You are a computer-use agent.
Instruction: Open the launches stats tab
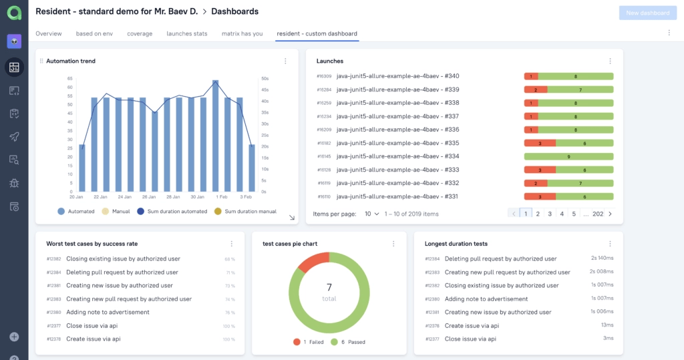(x=187, y=33)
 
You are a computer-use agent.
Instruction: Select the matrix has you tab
(x=242, y=33)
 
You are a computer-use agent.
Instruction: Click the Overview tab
(x=49, y=33)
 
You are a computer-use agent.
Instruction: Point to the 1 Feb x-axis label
(x=222, y=197)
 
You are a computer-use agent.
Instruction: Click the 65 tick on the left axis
(x=69, y=78)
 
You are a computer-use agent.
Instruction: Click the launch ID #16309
(x=324, y=76)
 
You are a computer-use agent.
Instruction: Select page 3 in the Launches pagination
(x=550, y=214)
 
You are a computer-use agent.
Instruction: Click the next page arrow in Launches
(x=610, y=214)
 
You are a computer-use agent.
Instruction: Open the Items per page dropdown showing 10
(x=371, y=214)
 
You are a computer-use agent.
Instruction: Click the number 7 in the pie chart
(x=329, y=287)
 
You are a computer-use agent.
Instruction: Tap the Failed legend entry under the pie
(x=310, y=342)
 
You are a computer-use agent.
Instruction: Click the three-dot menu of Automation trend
(x=285, y=61)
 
